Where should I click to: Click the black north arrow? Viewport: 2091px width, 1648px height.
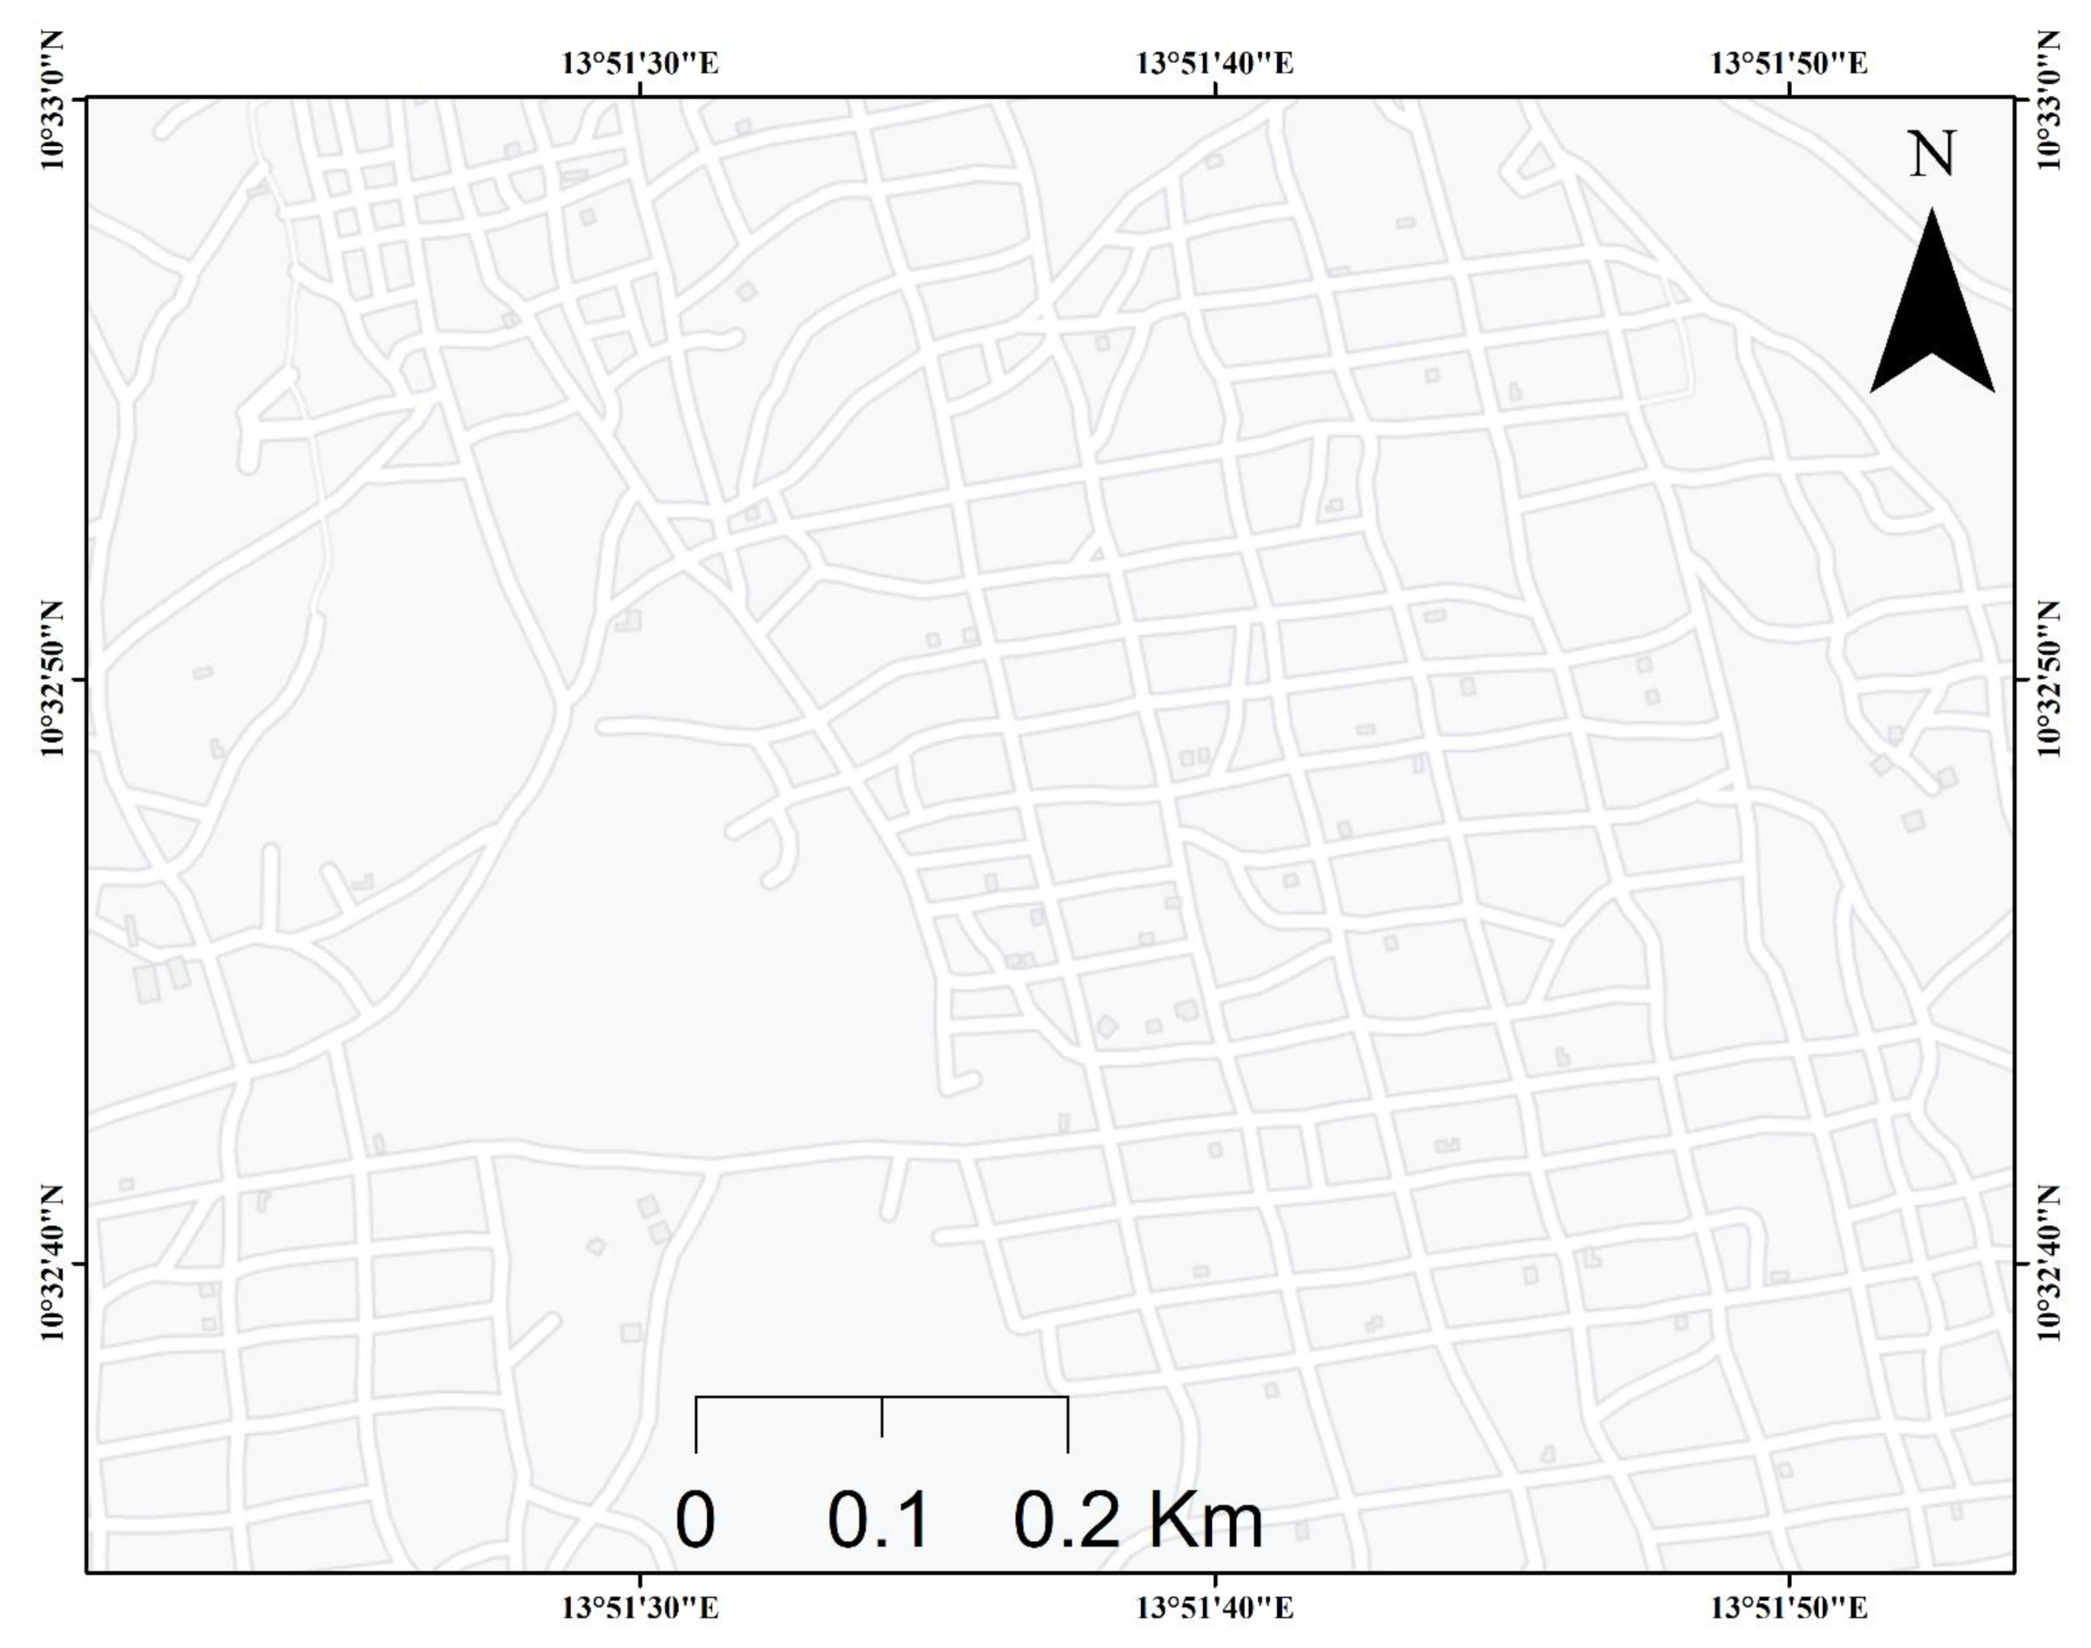click(1932, 309)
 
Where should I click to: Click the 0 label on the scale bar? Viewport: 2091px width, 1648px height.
click(695, 1520)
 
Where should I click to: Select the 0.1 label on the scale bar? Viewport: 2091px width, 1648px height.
click(878, 1520)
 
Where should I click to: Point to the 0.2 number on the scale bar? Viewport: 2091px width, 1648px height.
click(1067, 1520)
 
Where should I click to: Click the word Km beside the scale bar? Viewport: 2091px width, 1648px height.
click(1205, 1520)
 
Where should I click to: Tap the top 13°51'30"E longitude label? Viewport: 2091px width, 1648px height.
click(640, 63)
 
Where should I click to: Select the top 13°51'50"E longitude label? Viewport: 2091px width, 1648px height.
click(1789, 63)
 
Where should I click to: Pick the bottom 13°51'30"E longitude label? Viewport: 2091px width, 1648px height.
click(640, 1608)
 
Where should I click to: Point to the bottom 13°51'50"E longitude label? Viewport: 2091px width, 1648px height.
click(1789, 1608)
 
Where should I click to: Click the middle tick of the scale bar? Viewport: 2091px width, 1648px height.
click(882, 1417)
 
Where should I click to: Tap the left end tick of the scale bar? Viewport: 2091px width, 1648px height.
click(695, 1423)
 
